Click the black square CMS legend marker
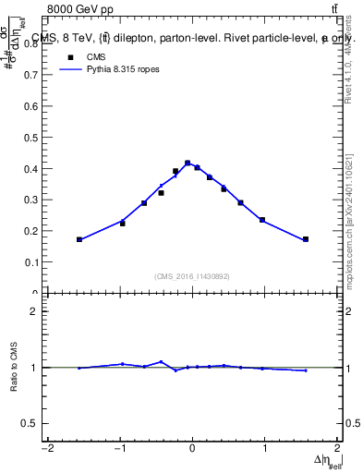tap(67, 56)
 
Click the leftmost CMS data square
tap(79, 239)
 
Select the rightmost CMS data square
tap(306, 239)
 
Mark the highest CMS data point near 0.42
tap(188, 163)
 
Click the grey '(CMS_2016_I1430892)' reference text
tap(192, 275)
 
